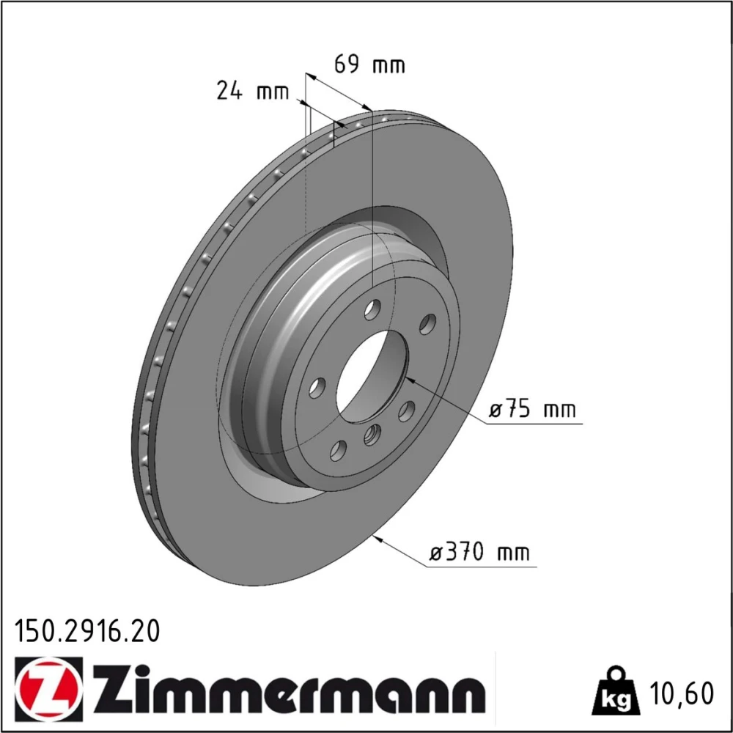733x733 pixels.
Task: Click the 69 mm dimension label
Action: pos(369,64)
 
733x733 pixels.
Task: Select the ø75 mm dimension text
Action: pos(532,410)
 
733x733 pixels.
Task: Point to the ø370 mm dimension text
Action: pos(479,552)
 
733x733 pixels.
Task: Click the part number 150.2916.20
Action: pos(87,630)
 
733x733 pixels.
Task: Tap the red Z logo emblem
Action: pos(49,690)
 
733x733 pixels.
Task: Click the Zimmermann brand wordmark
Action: pos(289,690)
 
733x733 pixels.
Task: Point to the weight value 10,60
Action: pos(682,693)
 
